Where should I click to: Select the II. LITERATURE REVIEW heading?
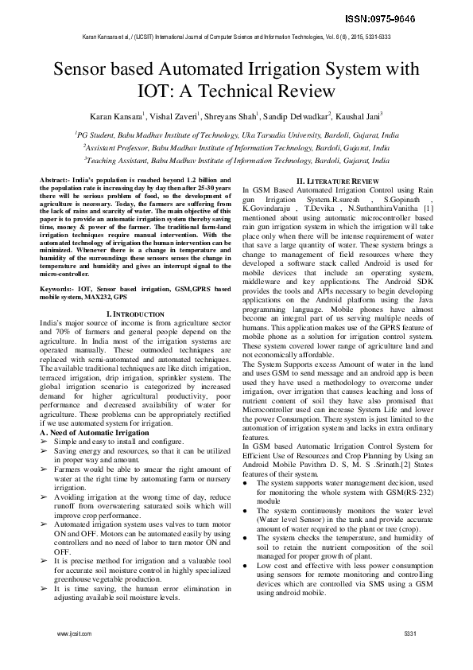point(337,182)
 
